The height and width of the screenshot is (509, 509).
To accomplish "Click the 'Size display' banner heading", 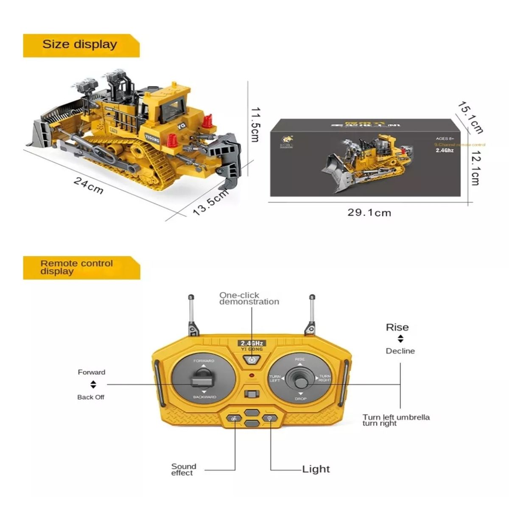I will [x=80, y=45].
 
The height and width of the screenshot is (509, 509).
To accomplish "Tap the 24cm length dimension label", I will [x=89, y=185].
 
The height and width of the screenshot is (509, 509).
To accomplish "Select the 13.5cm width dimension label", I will [x=211, y=202].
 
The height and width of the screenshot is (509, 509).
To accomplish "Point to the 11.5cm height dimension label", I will [x=255, y=124].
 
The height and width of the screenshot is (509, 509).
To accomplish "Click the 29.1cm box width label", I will [x=369, y=212].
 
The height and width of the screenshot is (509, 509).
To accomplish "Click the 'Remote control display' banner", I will [x=76, y=268].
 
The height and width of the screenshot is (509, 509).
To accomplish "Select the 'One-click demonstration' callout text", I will [x=249, y=298].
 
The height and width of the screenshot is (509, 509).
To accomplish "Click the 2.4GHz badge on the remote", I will [x=252, y=343].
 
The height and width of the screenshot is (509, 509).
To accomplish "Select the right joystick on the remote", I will [x=300, y=379].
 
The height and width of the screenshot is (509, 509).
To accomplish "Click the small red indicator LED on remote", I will [x=252, y=376].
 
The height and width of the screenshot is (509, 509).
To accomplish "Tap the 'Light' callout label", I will [x=316, y=469].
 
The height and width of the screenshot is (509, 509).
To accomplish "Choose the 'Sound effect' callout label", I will [x=184, y=469].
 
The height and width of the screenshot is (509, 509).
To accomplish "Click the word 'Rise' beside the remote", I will [x=397, y=327].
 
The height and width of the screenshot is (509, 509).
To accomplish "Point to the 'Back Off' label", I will [x=91, y=397].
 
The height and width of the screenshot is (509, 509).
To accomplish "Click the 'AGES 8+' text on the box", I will [x=445, y=138].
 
